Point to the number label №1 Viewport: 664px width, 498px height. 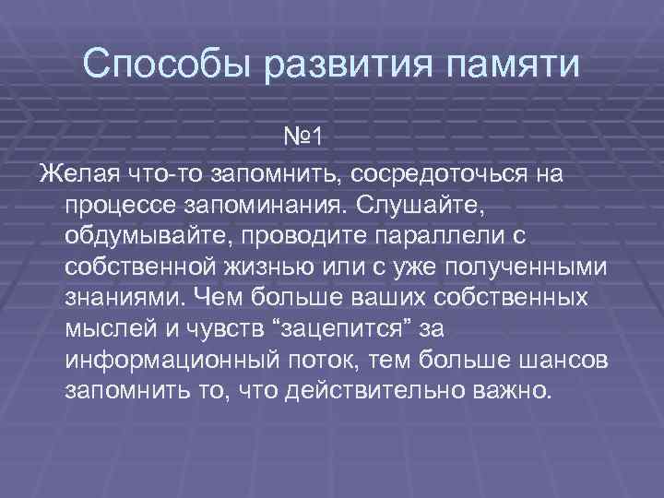click(302, 139)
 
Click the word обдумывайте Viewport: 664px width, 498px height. click(146, 236)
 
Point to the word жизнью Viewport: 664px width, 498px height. click(263, 267)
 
